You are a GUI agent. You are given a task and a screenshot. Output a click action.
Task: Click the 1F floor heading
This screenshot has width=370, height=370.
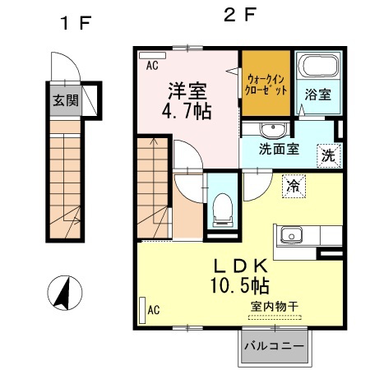[x=73, y=21]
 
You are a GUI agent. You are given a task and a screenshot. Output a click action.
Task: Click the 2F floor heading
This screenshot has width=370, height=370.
[x=239, y=15]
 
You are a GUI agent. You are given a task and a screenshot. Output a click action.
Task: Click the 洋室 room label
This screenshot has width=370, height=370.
[x=189, y=88]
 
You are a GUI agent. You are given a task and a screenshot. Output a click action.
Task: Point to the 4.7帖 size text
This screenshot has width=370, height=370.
[x=189, y=109]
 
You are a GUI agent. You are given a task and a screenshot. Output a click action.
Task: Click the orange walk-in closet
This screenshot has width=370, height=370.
[x=266, y=84]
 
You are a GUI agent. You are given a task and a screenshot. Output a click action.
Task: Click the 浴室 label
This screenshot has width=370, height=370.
[x=318, y=95]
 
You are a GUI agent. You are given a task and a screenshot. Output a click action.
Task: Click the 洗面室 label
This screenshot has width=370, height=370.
[x=279, y=150]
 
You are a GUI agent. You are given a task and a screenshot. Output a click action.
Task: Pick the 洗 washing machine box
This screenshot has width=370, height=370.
[x=328, y=153]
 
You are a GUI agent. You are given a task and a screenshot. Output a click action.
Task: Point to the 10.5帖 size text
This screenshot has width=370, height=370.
[x=238, y=285]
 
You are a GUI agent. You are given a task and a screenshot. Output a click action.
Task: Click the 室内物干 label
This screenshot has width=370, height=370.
[x=274, y=306]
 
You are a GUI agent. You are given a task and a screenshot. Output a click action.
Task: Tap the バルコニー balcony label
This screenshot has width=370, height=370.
[x=275, y=347]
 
